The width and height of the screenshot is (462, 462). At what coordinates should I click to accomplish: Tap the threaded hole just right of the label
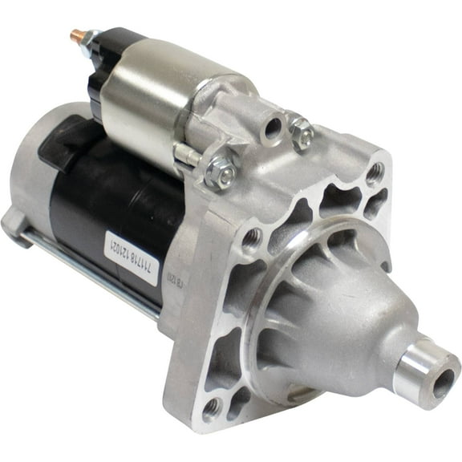tap(252, 236)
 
